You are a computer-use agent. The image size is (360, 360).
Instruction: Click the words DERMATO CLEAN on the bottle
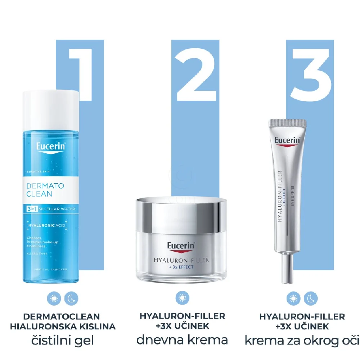coord(45,190)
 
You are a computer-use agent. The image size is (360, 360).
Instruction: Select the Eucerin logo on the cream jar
coord(181,247)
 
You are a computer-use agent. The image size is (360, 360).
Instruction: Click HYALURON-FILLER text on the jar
coord(181,260)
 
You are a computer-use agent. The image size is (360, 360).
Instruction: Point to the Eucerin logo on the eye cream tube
coord(287,140)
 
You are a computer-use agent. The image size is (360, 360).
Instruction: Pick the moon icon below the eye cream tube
coord(310,298)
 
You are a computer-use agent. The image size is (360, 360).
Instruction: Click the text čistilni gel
coord(62,340)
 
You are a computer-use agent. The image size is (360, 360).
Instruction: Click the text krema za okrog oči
coord(302,340)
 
